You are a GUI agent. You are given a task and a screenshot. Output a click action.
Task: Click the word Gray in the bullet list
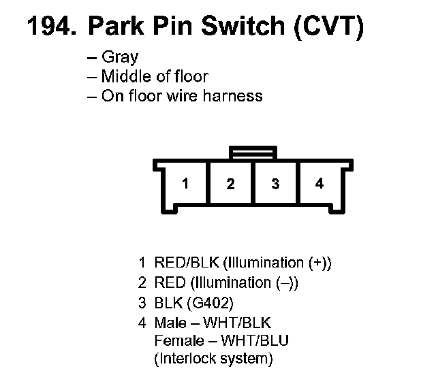(x=119, y=57)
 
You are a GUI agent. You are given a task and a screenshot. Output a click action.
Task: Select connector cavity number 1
(x=185, y=184)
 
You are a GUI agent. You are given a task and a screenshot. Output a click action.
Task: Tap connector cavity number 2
(x=230, y=184)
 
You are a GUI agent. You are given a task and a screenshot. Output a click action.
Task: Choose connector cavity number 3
(x=275, y=184)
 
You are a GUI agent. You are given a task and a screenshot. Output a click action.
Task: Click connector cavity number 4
(x=320, y=184)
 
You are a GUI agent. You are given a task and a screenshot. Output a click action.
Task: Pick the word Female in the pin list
(x=178, y=340)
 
